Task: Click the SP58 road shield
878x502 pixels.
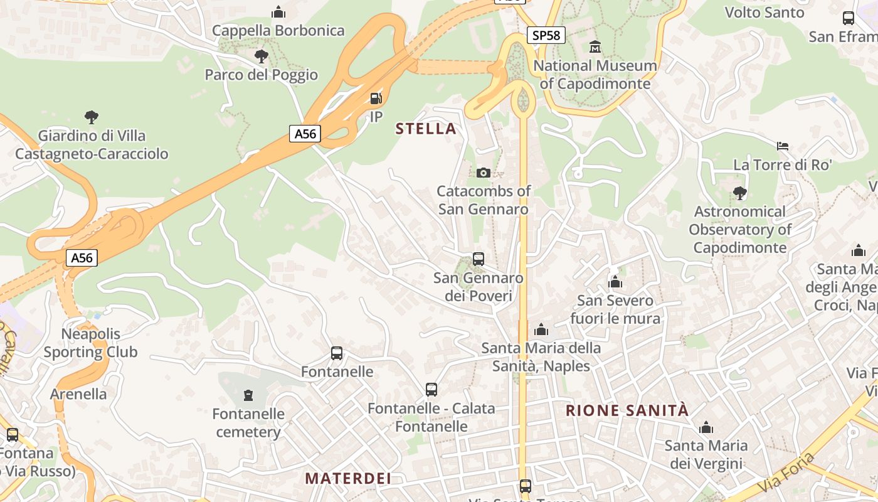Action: (546, 35)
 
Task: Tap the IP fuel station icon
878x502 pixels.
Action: (376, 98)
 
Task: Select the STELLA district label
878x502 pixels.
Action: (426, 129)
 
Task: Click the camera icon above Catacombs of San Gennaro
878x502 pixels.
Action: (483, 173)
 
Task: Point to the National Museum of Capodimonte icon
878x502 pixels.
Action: (595, 47)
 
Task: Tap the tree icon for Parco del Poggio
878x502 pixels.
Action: (261, 56)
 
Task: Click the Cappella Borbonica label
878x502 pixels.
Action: (278, 30)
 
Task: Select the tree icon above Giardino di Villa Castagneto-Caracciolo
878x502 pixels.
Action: (92, 117)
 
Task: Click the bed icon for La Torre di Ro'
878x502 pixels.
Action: (782, 146)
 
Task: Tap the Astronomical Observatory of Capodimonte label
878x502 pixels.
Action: (740, 230)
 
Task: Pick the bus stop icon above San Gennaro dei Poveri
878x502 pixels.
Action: (479, 259)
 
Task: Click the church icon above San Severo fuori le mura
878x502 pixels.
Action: (615, 282)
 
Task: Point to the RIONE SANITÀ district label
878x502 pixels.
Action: (627, 411)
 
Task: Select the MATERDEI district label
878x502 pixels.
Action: (348, 478)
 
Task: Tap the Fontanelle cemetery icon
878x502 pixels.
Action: (248, 395)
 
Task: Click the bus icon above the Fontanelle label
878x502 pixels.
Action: (337, 353)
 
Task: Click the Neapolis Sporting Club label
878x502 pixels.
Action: (90, 343)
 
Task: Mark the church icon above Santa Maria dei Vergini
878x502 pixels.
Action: (706, 428)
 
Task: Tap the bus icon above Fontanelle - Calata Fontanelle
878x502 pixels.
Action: (431, 390)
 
